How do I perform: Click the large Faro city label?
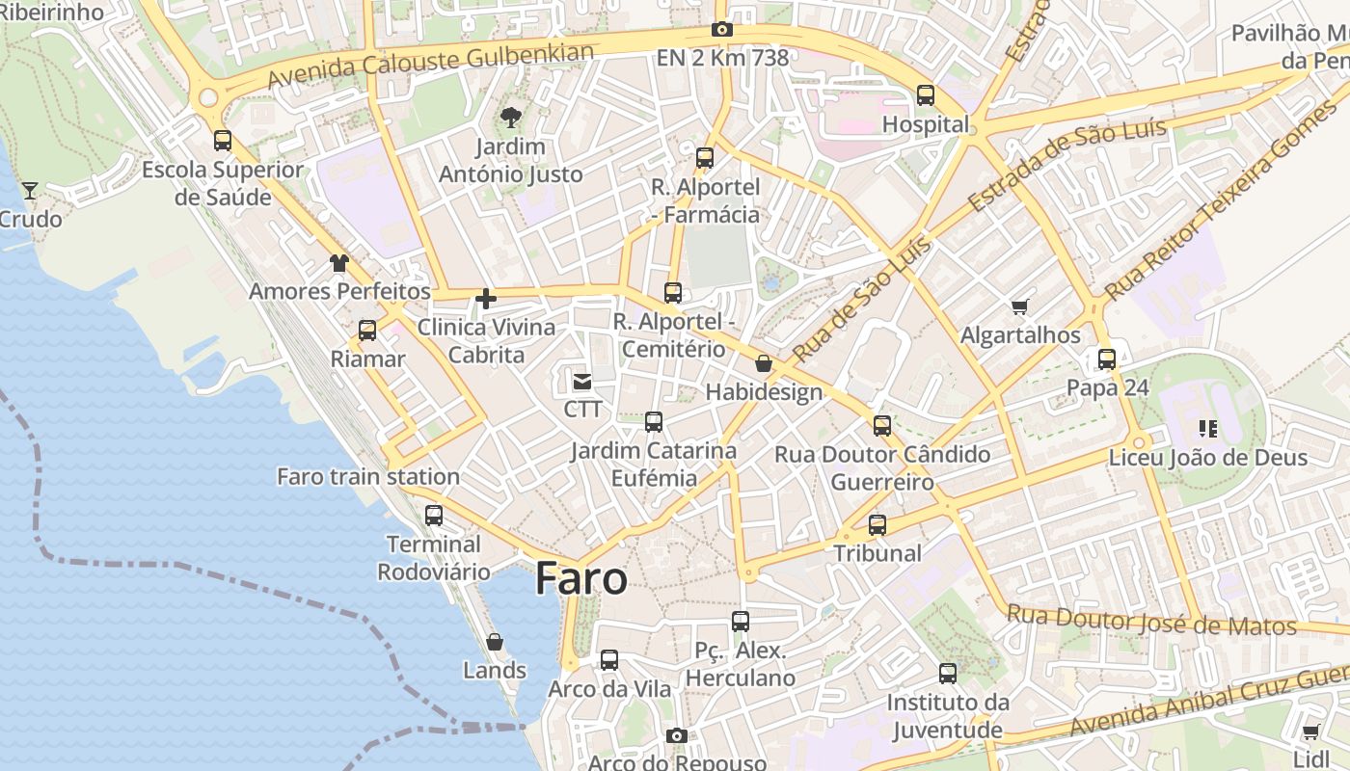coord(580,577)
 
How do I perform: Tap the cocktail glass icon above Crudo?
coord(30,190)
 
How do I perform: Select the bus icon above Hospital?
coord(926,95)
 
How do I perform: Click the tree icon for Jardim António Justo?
coord(510,118)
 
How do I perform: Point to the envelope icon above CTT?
coord(582,382)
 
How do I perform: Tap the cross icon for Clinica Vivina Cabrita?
coord(486,299)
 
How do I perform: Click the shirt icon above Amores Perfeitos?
coord(338,262)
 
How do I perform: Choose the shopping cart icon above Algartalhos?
coord(1020,307)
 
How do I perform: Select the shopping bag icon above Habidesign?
coord(764,363)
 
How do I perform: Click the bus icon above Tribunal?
coord(877,525)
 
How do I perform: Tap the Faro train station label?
coord(367,476)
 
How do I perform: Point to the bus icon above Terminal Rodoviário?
coord(434,516)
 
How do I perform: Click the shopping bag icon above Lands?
coord(495,642)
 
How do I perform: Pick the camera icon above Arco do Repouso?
coord(677,736)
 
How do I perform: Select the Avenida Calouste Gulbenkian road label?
coord(430,66)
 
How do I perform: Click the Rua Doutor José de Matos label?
coord(1151,620)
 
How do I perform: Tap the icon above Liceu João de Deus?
coord(1207,428)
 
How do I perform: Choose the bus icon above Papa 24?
coord(1107,359)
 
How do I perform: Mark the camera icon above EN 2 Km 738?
coord(722,30)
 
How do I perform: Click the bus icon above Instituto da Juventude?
coord(948,674)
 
